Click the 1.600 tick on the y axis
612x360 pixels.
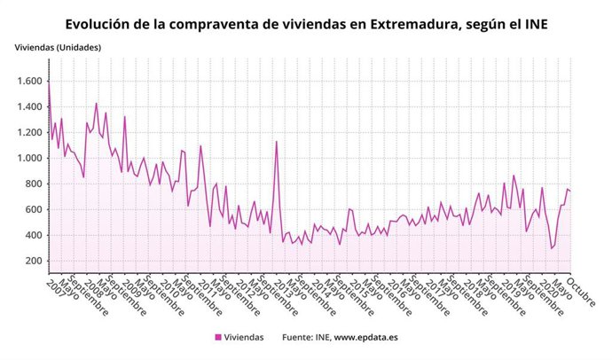pyautogui.click(x=28, y=82)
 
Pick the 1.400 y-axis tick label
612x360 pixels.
pyautogui.click(x=28, y=107)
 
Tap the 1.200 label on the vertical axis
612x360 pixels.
pyautogui.click(x=28, y=133)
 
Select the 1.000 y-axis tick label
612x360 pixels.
pyautogui.click(x=28, y=159)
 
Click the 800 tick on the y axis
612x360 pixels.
pyautogui.click(x=33, y=184)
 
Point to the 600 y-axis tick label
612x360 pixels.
pyautogui.click(x=33, y=210)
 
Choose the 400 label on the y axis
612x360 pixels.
pyautogui.click(x=33, y=236)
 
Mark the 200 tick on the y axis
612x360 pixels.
pyautogui.click(x=33, y=262)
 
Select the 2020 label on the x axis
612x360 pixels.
pyautogui.click(x=550, y=286)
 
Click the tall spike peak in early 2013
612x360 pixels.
pyautogui.click(x=277, y=142)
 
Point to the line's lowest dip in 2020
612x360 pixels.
pyautogui.click(x=551, y=248)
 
